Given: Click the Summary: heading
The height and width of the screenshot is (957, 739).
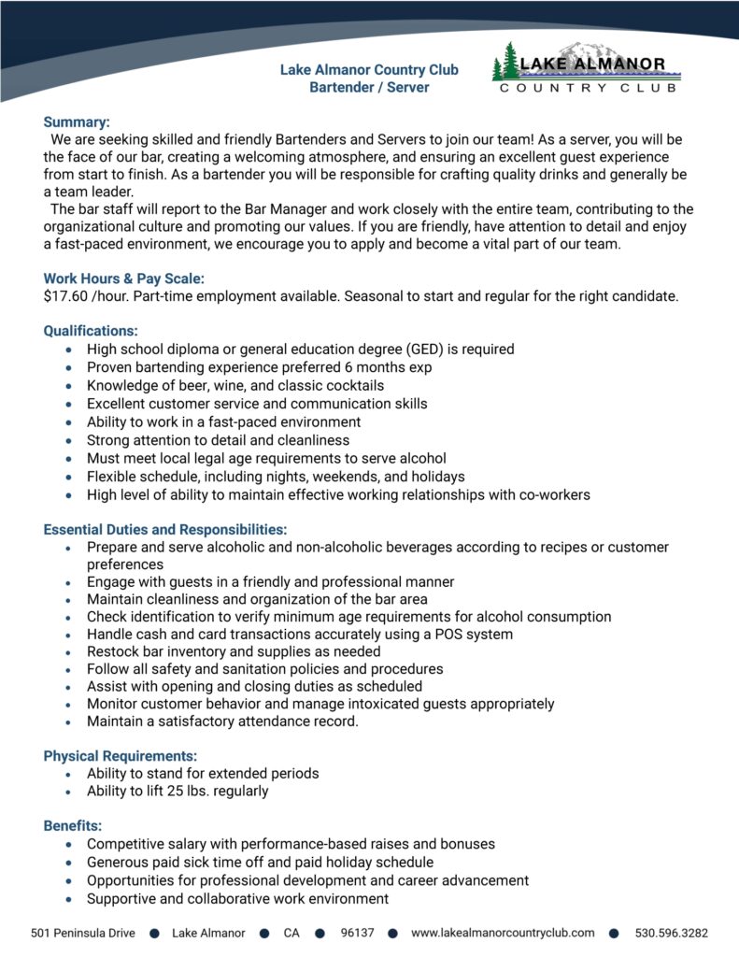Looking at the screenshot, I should point(77,121).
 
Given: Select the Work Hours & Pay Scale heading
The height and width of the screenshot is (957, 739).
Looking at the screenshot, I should point(123,279).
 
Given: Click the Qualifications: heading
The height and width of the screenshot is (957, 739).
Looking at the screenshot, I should point(91,331).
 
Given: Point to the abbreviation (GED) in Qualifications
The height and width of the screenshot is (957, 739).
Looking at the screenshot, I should point(422,350).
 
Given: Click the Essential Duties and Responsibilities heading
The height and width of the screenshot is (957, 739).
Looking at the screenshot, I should point(164,529).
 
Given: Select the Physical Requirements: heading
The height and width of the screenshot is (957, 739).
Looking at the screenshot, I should point(121,755).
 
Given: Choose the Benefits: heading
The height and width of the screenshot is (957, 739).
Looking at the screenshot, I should point(73,825).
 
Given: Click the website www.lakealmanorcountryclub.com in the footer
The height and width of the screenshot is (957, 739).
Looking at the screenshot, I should point(503,933).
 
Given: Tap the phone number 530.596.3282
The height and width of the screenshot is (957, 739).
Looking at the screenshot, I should point(671,933).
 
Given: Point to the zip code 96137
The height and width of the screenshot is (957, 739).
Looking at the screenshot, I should point(358,933).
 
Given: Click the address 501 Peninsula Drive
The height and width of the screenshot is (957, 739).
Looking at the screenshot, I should point(82,933).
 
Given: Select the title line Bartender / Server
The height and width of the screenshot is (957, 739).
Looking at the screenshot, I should point(369,88).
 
